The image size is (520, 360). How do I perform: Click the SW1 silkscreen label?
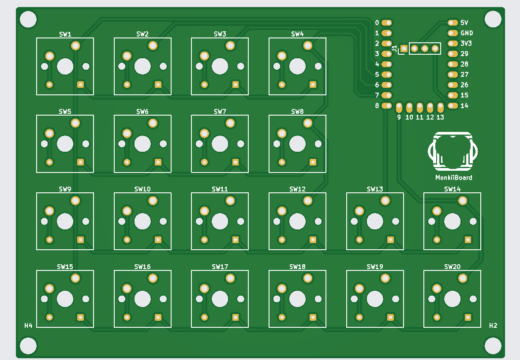point(65,34)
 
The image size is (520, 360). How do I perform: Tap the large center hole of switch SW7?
point(220,144)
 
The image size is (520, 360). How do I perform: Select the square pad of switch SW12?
point(313,240)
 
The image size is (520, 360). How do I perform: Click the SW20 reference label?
point(453,267)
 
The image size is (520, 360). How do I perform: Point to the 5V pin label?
point(464,22)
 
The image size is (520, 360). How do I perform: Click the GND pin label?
point(467,33)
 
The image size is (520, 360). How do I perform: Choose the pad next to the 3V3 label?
point(453,44)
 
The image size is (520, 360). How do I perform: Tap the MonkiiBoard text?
point(454,177)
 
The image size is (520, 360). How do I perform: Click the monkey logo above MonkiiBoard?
point(453,151)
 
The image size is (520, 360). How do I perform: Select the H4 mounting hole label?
point(28,326)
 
